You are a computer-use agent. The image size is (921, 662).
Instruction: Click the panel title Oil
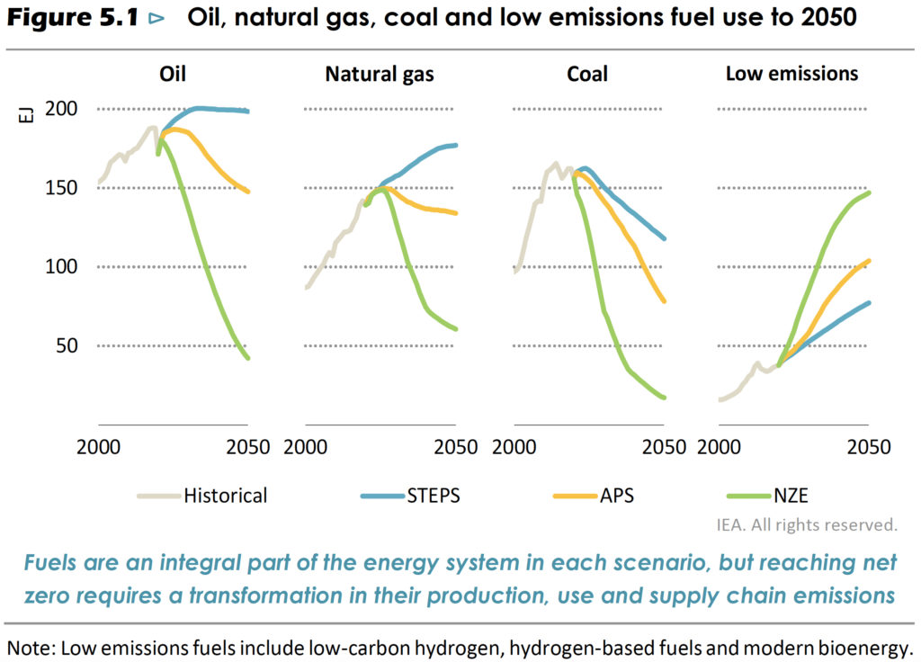tap(173, 73)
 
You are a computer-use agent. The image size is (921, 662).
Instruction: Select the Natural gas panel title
tap(380, 74)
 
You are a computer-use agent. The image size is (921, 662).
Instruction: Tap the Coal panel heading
tap(587, 73)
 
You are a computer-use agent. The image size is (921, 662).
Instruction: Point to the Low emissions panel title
tap(791, 73)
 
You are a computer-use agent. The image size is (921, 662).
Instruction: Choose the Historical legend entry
tap(225, 495)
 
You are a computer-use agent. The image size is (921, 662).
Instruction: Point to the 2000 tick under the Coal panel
tap(514, 447)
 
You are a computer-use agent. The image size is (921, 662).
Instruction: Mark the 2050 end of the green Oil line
tap(247, 358)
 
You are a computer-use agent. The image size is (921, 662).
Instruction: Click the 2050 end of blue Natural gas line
tap(456, 145)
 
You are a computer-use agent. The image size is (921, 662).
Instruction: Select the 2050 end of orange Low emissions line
tap(870, 261)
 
